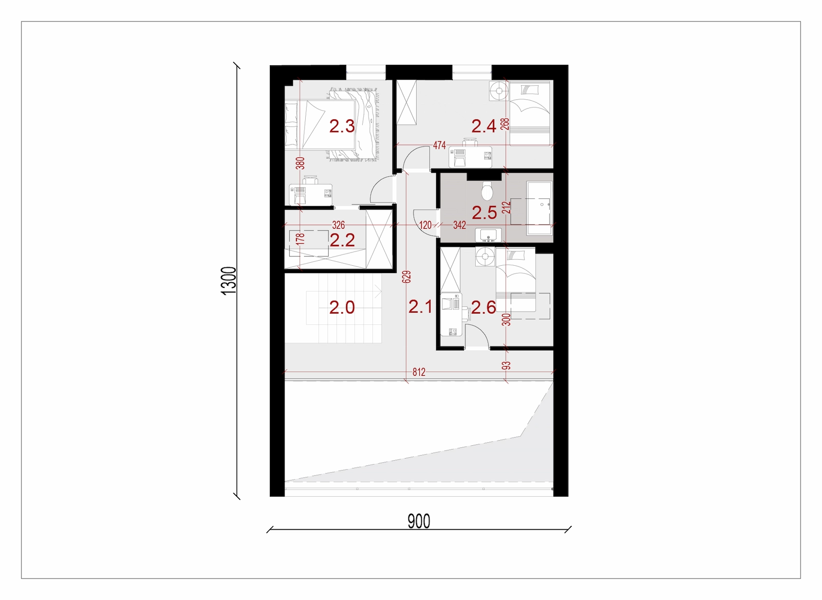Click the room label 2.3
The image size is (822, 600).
(x=342, y=126)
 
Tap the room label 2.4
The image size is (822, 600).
(x=483, y=126)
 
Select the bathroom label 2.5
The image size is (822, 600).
(x=484, y=213)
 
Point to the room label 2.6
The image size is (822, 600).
(x=483, y=307)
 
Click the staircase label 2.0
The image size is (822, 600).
(x=342, y=307)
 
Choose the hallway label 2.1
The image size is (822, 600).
(x=421, y=306)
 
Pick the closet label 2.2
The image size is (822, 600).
(x=342, y=240)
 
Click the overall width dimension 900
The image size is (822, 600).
(x=419, y=521)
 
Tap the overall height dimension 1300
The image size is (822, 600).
(x=229, y=281)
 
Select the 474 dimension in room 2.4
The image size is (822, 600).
(x=439, y=146)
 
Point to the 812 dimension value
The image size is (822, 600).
(x=419, y=372)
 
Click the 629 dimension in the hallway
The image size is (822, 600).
(x=406, y=277)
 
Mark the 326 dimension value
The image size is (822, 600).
(x=339, y=225)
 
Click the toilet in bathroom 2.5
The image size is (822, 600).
(x=488, y=191)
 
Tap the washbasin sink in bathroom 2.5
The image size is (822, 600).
(x=488, y=235)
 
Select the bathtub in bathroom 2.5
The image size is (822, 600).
(x=539, y=208)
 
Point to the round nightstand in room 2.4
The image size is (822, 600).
(x=499, y=90)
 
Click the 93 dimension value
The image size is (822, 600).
(x=506, y=366)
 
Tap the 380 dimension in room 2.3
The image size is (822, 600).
(x=300, y=163)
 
